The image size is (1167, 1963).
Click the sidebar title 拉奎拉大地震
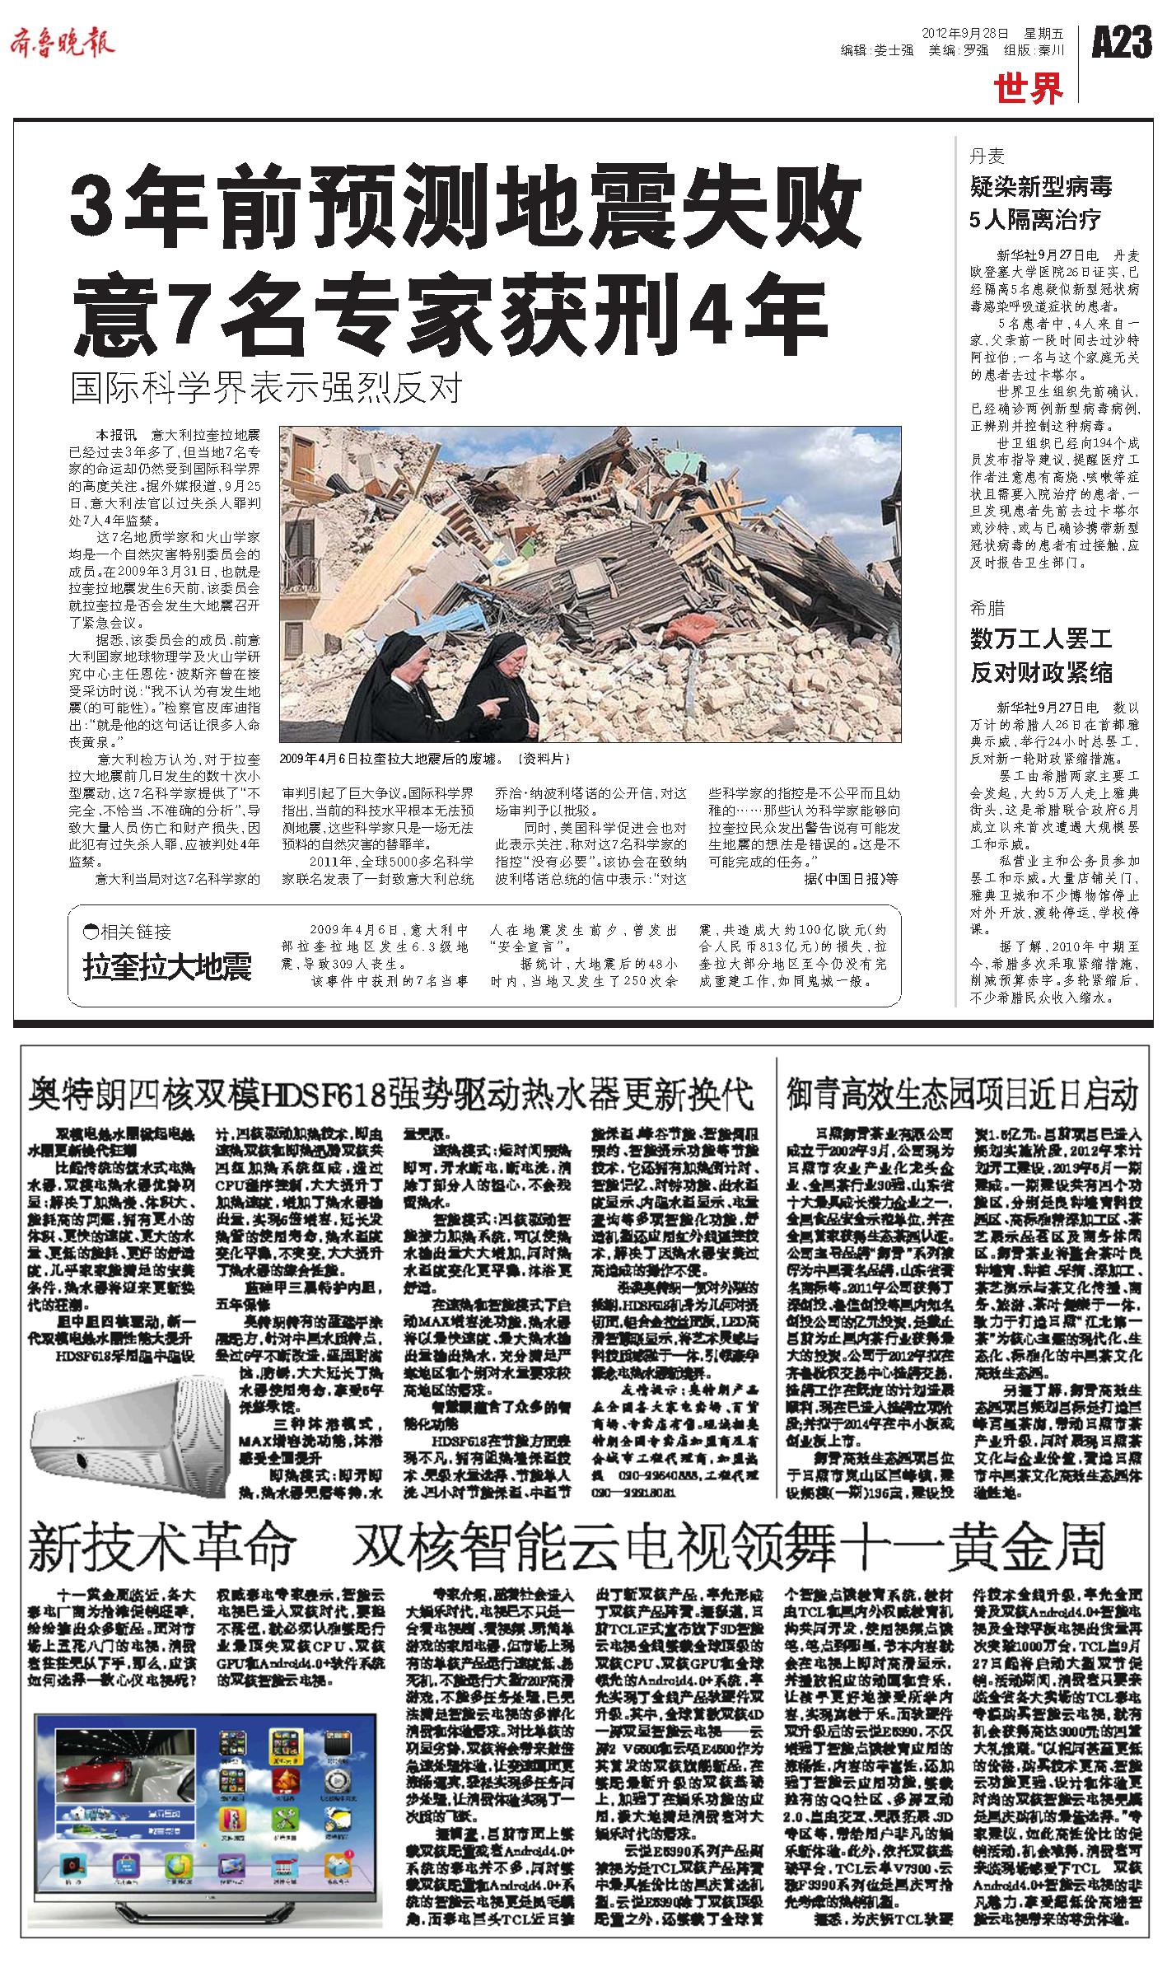[x=166, y=967]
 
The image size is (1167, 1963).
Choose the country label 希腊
[x=987, y=608]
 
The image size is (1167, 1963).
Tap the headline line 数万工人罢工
[x=1041, y=639]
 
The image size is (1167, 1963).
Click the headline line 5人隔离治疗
[x=1035, y=219]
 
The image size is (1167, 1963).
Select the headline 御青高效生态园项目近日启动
[x=962, y=1096]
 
